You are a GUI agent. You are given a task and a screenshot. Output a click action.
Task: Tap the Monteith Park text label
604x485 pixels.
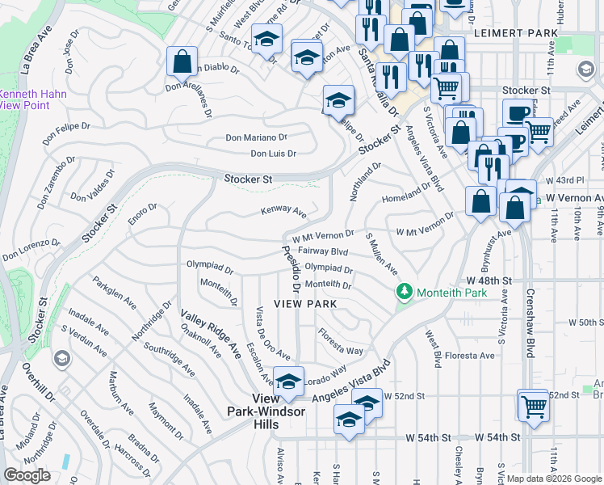coord(451,293)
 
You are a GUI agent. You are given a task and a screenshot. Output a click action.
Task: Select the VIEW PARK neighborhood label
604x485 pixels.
coord(305,304)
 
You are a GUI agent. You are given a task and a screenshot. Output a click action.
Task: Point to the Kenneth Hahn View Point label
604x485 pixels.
coord(33,99)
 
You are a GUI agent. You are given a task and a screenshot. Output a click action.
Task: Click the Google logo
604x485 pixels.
coord(27,475)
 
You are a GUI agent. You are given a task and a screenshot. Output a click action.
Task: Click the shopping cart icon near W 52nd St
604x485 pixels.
coord(533,405)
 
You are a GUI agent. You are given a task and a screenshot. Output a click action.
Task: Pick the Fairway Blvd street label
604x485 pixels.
coord(322,251)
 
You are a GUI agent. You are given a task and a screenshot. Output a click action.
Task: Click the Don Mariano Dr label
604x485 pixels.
coord(256,138)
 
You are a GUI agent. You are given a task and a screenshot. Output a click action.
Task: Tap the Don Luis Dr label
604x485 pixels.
coord(273,154)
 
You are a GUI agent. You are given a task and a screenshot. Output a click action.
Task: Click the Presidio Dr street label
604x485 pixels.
coord(291,268)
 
